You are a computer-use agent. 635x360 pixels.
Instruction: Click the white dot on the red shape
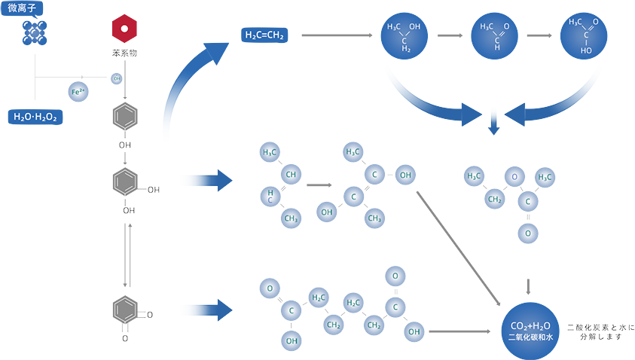click(125, 29)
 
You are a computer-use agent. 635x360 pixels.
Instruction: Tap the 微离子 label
click(23, 9)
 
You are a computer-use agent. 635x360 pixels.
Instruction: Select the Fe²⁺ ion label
click(78, 92)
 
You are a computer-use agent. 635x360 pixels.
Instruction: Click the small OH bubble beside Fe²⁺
click(117, 78)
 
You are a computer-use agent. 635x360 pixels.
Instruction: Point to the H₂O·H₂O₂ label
click(35, 117)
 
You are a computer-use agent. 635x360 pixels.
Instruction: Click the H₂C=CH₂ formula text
click(264, 35)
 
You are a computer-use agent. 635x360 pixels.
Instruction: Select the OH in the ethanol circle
click(415, 27)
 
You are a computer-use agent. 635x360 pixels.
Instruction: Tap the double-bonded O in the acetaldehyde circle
click(506, 26)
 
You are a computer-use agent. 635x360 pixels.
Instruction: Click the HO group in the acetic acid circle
click(586, 52)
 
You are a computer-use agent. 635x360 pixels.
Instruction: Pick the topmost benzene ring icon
click(125, 116)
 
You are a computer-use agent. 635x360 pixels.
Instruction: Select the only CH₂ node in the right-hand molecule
click(495, 200)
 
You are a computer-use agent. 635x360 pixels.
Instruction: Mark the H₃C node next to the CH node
click(270, 153)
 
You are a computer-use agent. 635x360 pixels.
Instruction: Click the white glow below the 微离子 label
click(32, 32)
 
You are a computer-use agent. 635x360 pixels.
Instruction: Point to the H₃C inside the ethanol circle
click(395, 27)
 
